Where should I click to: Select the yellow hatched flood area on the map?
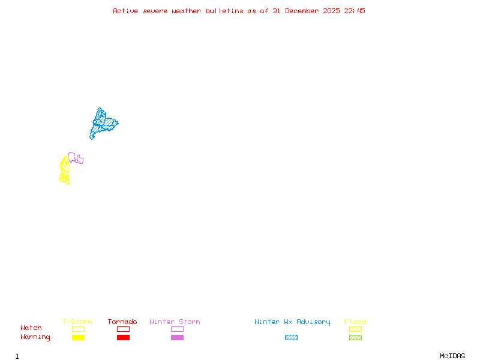click(64, 170)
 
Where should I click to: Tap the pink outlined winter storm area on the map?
click(76, 158)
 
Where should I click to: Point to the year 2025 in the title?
click(331, 11)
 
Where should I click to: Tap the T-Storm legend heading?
click(77, 322)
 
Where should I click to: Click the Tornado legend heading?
click(122, 322)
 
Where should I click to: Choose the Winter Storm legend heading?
click(175, 322)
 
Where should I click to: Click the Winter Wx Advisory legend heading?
click(292, 322)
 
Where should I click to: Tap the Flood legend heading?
click(355, 322)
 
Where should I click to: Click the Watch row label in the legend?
click(31, 328)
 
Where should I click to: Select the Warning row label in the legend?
click(35, 337)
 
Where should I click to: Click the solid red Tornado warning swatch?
click(123, 338)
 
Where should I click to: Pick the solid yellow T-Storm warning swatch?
click(78, 338)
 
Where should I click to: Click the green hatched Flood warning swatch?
click(355, 338)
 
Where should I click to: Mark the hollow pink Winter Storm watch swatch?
click(177, 329)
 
